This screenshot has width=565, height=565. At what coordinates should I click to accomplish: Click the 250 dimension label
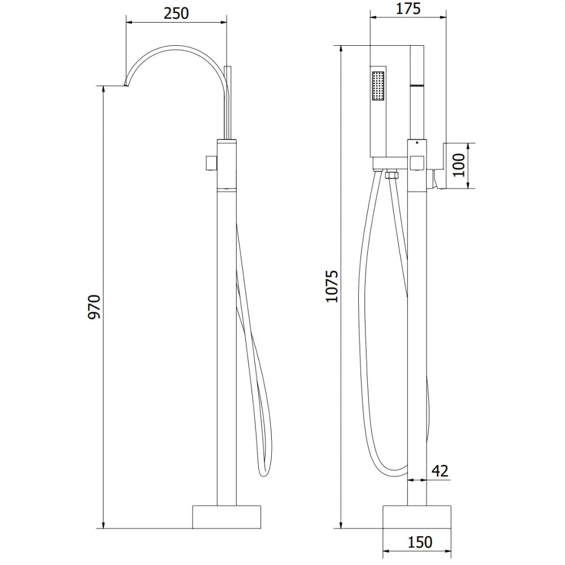click(176, 14)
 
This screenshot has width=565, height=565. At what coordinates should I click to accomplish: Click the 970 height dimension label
click(94, 306)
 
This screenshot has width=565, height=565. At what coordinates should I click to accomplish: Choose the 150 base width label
click(419, 542)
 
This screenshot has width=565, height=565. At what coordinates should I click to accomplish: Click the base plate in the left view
click(227, 516)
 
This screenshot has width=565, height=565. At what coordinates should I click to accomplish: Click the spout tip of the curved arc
click(125, 85)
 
